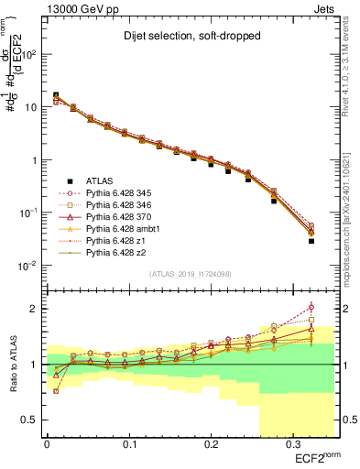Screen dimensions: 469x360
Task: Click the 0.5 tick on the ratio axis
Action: pos(33,420)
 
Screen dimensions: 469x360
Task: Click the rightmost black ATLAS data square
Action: pos(311,241)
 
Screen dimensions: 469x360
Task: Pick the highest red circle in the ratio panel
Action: pos(311,307)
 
